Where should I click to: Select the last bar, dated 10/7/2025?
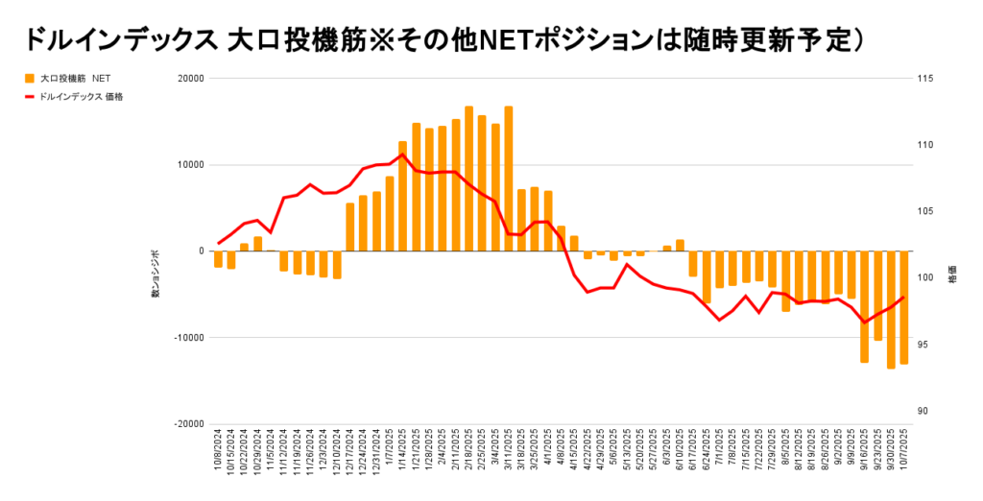click(x=904, y=307)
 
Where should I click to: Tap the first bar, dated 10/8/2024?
click(x=218, y=259)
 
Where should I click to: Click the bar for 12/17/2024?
click(x=350, y=227)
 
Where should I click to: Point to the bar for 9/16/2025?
click(x=864, y=306)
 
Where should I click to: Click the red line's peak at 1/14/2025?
click(x=402, y=155)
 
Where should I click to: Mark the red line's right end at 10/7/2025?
click(x=904, y=298)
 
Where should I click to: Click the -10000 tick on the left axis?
click(x=189, y=338)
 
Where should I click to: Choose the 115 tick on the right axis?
click(x=927, y=79)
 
